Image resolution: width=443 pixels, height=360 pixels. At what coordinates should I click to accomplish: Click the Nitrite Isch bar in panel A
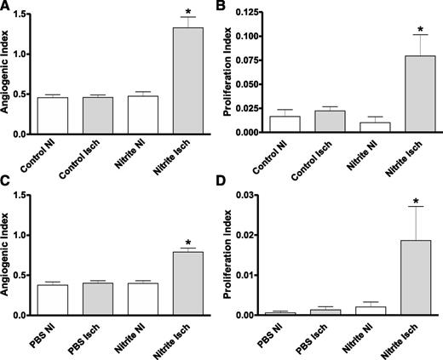pyautogui.click(x=189, y=80)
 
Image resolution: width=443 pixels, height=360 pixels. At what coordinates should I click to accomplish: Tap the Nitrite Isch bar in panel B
pyautogui.click(x=407, y=94)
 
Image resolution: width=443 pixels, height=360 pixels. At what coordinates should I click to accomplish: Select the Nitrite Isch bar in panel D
pyautogui.click(x=407, y=277)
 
